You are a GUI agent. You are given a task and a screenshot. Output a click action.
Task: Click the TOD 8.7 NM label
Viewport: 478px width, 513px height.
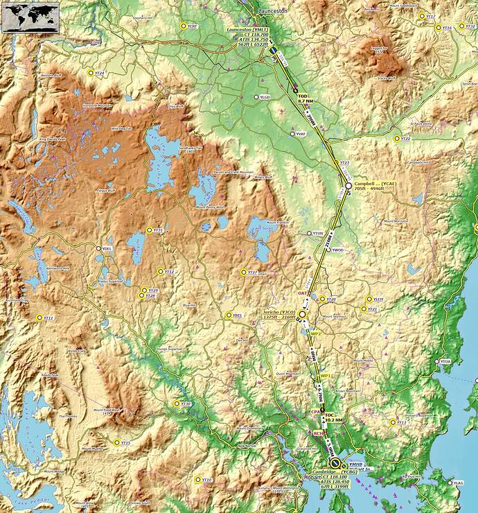[x=305, y=98]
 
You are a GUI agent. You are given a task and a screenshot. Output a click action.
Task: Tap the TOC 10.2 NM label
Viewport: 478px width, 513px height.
[x=333, y=417]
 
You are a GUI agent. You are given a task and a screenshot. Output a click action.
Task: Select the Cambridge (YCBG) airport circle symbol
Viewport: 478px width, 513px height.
[x=335, y=462]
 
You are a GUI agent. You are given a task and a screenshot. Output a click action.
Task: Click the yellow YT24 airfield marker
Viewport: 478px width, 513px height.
[x=90, y=72]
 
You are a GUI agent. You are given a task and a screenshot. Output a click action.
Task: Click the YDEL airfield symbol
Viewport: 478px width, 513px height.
[x=98, y=248]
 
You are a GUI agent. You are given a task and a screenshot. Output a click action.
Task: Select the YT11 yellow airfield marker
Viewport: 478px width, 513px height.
[x=39, y=318]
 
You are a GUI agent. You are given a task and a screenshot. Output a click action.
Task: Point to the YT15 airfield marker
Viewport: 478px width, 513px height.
[x=116, y=442]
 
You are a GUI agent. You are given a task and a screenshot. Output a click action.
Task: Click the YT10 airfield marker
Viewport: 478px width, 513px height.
[x=197, y=480]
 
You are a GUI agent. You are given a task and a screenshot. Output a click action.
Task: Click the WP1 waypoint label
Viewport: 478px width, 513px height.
[x=325, y=375]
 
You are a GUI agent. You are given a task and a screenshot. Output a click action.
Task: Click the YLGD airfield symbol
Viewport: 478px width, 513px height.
[x=256, y=98]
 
